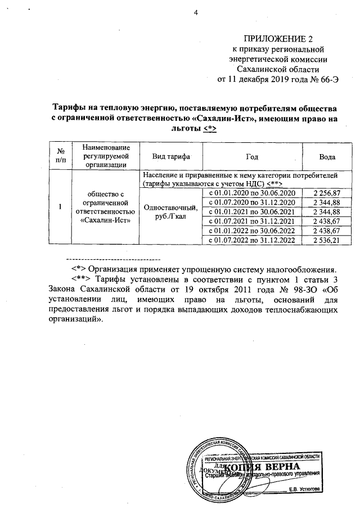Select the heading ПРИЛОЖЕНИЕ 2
coord(277,39)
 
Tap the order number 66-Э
coord(327,79)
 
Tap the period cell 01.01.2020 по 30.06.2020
coord(251,193)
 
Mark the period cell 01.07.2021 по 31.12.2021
coord(251,221)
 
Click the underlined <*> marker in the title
coord(210,128)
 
